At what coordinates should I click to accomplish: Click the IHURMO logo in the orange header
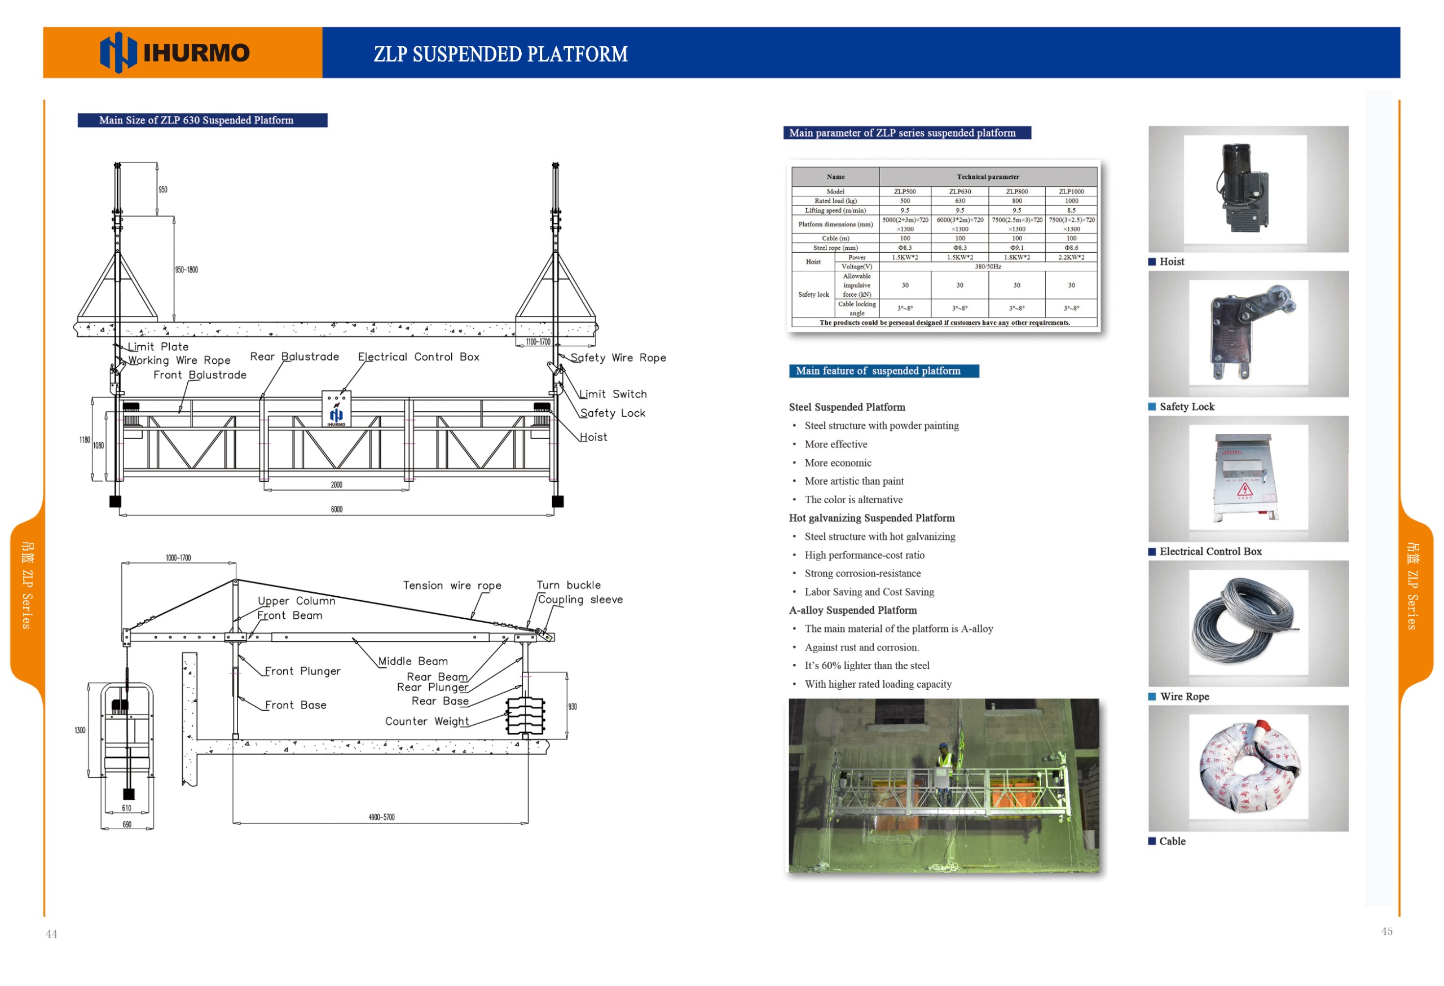pyautogui.click(x=175, y=53)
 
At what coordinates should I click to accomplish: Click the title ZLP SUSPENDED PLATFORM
pyautogui.click(x=500, y=55)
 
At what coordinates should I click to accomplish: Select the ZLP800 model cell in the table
pyautogui.click(x=1016, y=191)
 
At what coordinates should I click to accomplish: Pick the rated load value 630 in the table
pyautogui.click(x=960, y=201)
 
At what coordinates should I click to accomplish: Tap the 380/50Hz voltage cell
pyautogui.click(x=987, y=267)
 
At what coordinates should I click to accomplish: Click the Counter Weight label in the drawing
pyautogui.click(x=427, y=721)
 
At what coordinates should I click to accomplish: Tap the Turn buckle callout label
pyautogui.click(x=569, y=586)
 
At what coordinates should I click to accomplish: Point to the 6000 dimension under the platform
pyautogui.click(x=337, y=509)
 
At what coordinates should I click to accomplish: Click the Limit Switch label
pyautogui.click(x=613, y=394)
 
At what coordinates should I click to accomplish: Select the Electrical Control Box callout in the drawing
pyautogui.click(x=418, y=356)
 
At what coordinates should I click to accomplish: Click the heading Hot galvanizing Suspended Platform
pyautogui.click(x=871, y=518)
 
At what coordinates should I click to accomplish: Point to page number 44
pyautogui.click(x=51, y=934)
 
